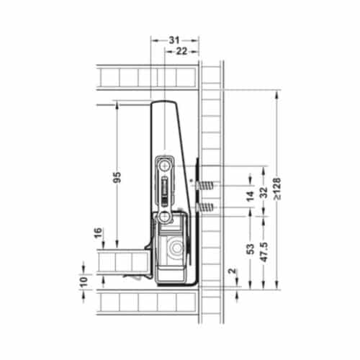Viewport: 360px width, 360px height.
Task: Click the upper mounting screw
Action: (x=206, y=186)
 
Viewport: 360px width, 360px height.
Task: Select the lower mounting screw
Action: (x=206, y=209)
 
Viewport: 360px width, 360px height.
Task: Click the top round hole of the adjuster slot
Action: (x=165, y=164)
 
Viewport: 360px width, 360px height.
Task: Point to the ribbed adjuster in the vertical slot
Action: (x=165, y=189)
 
